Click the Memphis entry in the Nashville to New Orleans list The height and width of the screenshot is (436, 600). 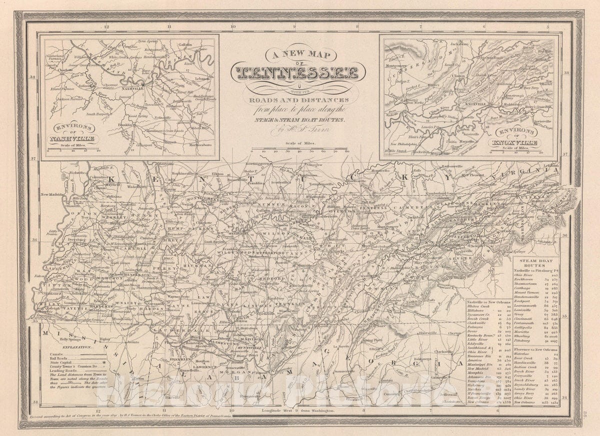point(477,373)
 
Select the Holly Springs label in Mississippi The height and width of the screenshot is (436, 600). point(70,340)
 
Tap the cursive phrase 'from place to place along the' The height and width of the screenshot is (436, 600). point(298,109)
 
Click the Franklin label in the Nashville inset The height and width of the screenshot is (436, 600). point(124,124)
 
